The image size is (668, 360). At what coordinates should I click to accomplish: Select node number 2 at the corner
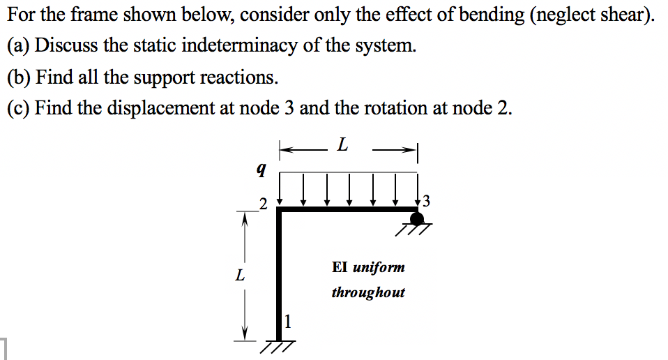pyautogui.click(x=262, y=204)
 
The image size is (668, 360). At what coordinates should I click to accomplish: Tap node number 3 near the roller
pyautogui.click(x=427, y=202)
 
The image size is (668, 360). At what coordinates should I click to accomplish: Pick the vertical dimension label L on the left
pyautogui.click(x=241, y=275)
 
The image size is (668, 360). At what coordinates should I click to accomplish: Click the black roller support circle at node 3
pyautogui.click(x=417, y=218)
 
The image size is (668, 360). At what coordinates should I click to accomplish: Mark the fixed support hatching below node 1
pyautogui.click(x=278, y=346)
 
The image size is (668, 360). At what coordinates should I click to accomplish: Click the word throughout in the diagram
pyautogui.click(x=367, y=292)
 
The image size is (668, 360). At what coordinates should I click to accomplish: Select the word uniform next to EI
pyautogui.click(x=379, y=267)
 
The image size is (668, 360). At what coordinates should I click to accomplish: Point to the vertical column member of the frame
pyautogui.click(x=281, y=272)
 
